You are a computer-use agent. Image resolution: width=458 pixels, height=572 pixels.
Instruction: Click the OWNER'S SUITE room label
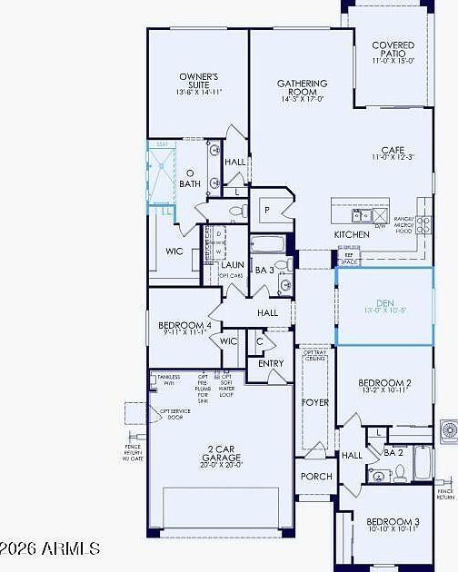point(198,81)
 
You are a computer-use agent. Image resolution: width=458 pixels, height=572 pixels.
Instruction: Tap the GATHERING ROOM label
point(302,88)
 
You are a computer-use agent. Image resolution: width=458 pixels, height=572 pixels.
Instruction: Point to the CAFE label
point(393,152)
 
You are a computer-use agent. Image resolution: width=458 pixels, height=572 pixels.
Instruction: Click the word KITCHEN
point(352,234)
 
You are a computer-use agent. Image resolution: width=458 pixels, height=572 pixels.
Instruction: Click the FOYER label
point(314,401)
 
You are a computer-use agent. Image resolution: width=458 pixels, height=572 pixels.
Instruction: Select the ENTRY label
point(271,363)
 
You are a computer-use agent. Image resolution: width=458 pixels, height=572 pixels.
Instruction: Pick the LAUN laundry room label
point(231,265)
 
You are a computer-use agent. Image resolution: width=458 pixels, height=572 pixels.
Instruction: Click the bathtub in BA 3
point(267,244)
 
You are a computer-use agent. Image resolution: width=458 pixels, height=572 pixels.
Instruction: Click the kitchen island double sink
point(362,214)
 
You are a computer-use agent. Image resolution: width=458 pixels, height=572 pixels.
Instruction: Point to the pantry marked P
point(267,209)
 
